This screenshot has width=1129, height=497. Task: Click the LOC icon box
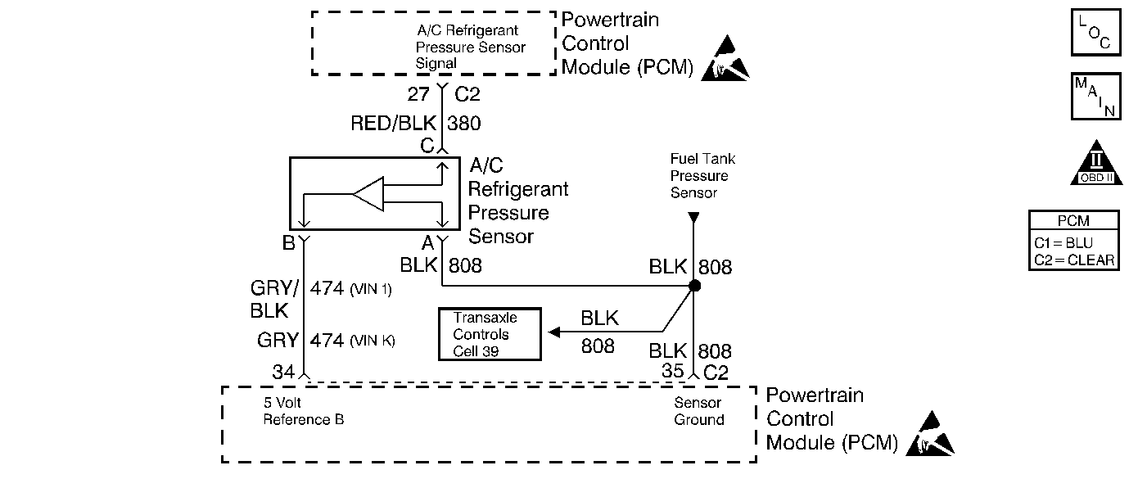click(1095, 32)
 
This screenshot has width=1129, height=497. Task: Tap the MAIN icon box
click(1095, 97)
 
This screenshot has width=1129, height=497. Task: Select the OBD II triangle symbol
click(1096, 163)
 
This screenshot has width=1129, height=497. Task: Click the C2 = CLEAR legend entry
click(1074, 260)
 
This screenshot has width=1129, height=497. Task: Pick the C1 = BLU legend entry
click(1063, 243)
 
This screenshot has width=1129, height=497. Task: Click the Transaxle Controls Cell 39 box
click(490, 334)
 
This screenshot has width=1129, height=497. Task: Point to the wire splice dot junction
click(694, 286)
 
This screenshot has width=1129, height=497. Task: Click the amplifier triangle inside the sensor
click(368, 194)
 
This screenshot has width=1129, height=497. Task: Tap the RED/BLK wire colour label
click(393, 123)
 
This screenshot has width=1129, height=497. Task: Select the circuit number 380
click(464, 124)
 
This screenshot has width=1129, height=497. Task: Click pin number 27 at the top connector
click(418, 94)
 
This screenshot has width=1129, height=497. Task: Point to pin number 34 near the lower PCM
click(283, 372)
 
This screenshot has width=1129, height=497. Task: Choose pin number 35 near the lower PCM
click(673, 371)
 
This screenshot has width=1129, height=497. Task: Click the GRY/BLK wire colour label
click(273, 299)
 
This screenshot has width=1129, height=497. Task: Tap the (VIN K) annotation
click(373, 341)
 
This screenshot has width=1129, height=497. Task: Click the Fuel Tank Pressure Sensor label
click(702, 176)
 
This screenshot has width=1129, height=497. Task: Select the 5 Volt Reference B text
click(304, 411)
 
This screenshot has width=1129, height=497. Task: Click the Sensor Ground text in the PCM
click(698, 411)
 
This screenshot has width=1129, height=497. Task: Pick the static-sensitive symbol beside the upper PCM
click(725, 58)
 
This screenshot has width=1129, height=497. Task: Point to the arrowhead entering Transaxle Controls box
click(554, 332)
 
